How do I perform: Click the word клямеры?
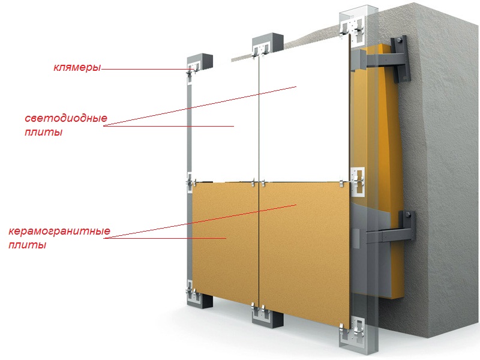pos(77,67)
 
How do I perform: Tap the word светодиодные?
pos(66,118)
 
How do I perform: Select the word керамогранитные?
pos(59,231)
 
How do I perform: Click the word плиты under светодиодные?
pos(43,132)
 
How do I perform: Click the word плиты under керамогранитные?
pos(27,245)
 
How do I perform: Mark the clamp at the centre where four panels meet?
pos(259,183)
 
